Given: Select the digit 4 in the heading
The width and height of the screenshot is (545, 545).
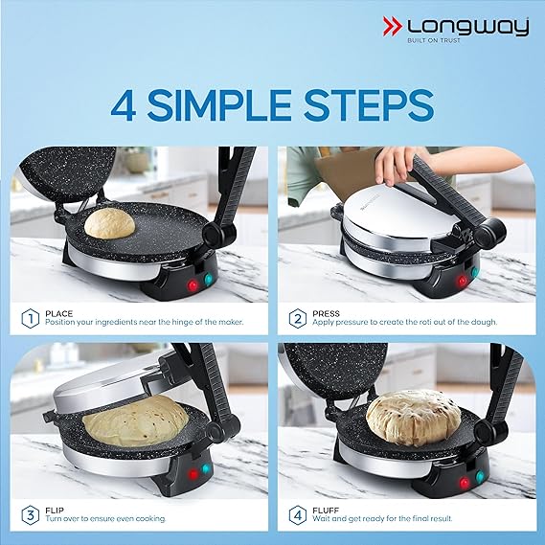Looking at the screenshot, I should coord(122,105).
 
